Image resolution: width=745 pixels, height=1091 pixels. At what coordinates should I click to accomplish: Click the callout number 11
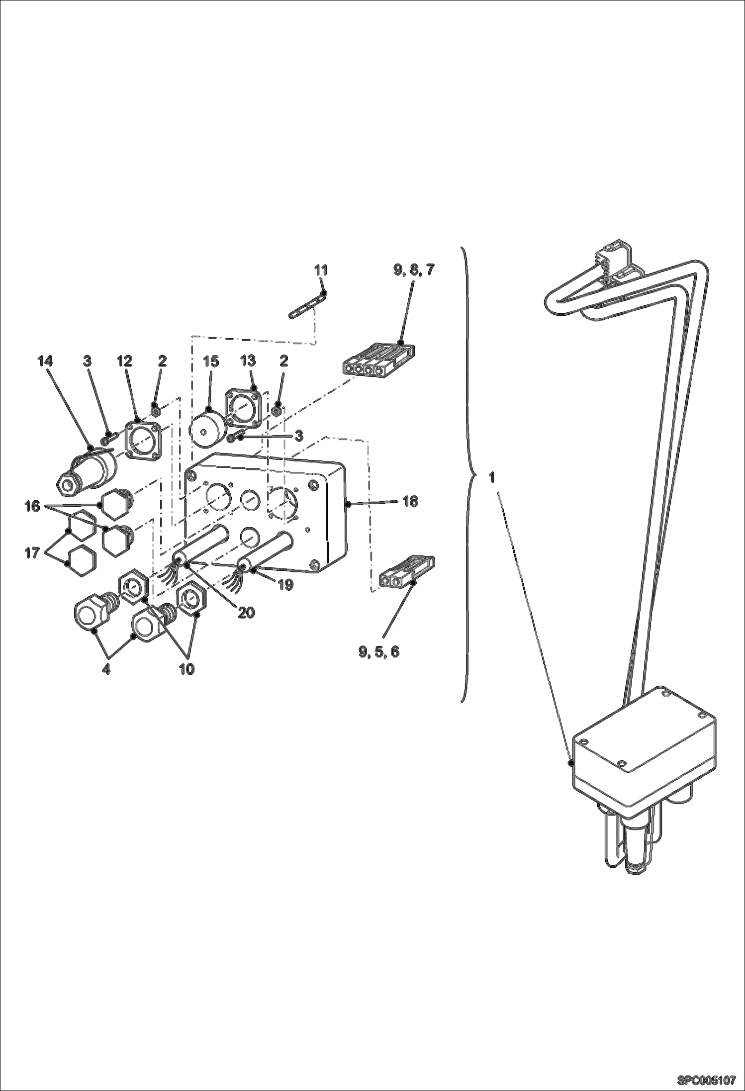tap(321, 271)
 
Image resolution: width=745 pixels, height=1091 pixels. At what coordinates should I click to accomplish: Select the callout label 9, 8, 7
tap(414, 271)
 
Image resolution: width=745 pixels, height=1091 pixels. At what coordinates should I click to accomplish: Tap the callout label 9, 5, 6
tap(379, 652)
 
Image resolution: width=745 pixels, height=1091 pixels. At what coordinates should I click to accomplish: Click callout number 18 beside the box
tap(410, 501)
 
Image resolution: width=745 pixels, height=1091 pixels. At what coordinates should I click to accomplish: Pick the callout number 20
tap(246, 613)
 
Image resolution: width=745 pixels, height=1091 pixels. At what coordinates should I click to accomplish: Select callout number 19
tap(285, 585)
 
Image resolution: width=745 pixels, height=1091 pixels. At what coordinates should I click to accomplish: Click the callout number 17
tap(32, 552)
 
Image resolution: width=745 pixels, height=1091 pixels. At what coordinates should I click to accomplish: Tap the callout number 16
tap(32, 507)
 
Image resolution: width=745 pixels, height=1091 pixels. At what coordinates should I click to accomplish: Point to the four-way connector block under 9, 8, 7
tap(379, 360)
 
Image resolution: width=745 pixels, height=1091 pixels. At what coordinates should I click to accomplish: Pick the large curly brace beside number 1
tap(467, 474)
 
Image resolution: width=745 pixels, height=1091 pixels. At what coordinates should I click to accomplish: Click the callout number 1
tap(491, 478)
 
